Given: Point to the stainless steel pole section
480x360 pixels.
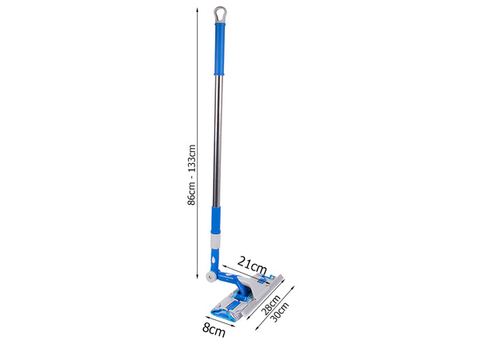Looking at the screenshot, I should click(217, 136).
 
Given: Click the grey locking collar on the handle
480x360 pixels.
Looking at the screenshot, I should click(214, 239).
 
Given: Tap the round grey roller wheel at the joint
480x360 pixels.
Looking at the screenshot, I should click(210, 277).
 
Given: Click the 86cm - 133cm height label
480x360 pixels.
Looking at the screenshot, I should click(191, 175).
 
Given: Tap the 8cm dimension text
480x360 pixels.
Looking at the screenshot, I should click(212, 330).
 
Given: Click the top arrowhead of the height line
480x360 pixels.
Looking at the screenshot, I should click(198, 10).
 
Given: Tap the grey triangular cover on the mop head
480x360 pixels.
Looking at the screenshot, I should click(254, 286).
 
